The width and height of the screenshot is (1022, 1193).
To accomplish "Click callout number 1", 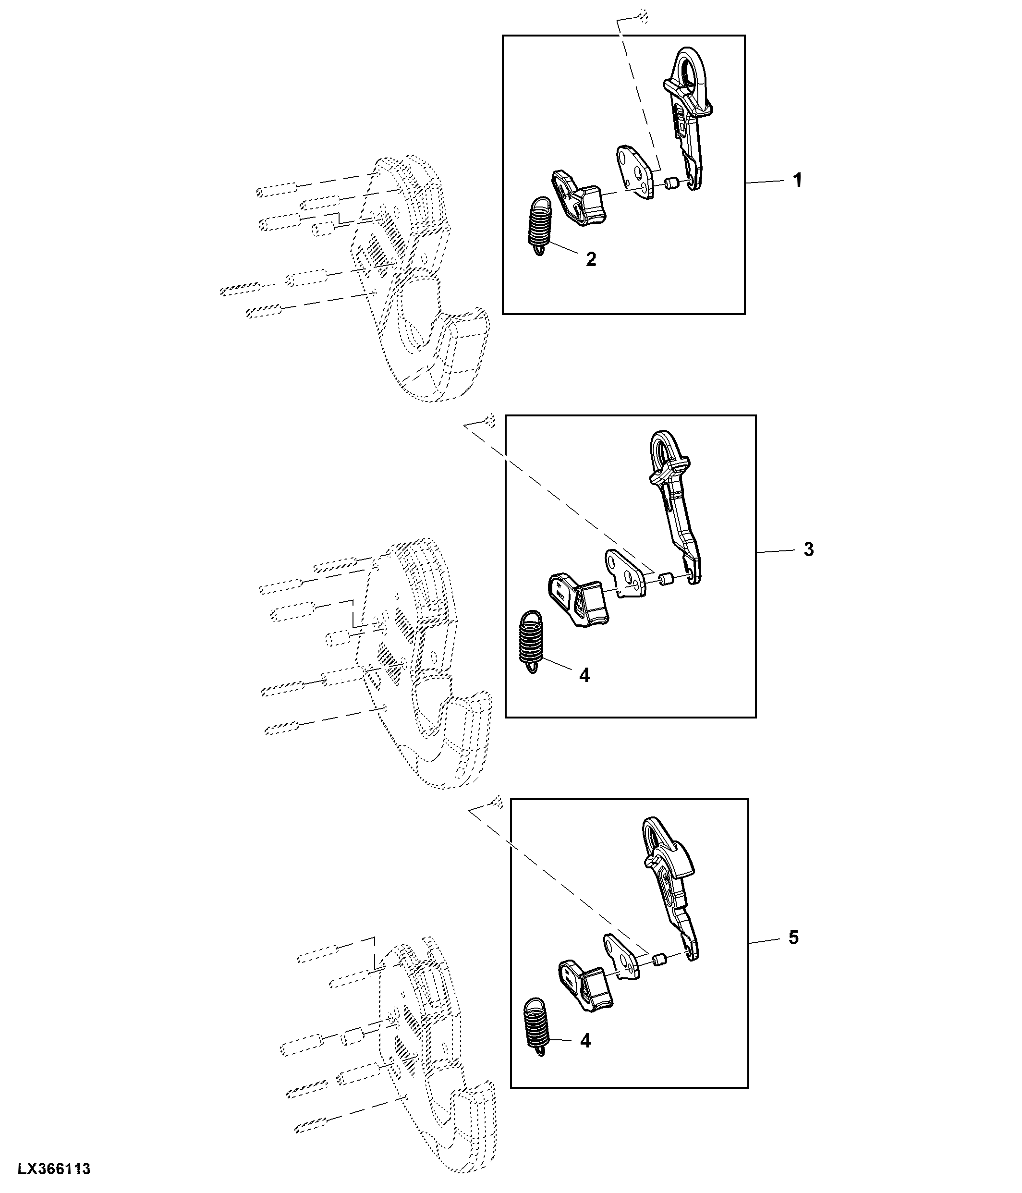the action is (797, 181).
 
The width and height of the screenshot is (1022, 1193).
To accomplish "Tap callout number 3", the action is (808, 549).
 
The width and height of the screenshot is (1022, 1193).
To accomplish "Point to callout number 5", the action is (793, 937).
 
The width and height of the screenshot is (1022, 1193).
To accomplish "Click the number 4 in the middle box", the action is (584, 675).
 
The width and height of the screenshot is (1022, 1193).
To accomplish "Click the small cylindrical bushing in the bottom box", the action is (659, 959).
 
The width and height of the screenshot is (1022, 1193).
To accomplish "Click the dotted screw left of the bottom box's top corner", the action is (498, 802).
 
